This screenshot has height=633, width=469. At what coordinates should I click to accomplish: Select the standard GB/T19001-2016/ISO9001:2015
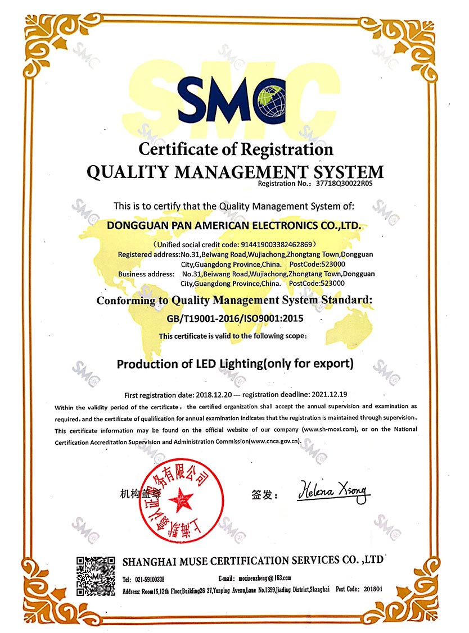[234, 318]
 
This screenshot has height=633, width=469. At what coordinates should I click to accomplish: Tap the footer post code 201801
[373, 589]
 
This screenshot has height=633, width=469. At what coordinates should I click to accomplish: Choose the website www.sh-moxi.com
[330, 430]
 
